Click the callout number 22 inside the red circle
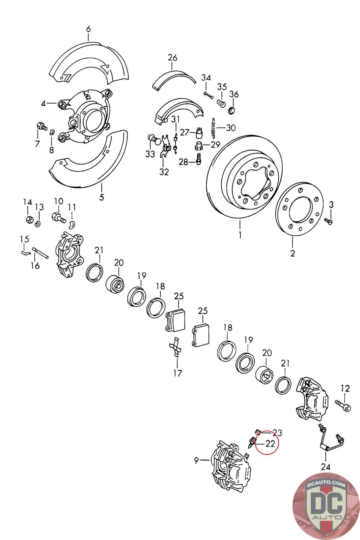click(x=270, y=443)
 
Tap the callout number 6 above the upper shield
click(x=88, y=29)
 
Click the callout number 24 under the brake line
click(x=326, y=467)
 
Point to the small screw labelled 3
click(x=329, y=221)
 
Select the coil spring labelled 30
click(x=213, y=128)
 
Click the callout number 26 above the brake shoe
click(x=172, y=58)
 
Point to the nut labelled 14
click(x=29, y=220)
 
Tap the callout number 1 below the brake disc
click(x=240, y=235)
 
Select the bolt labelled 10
click(x=58, y=217)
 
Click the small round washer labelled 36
click(x=232, y=110)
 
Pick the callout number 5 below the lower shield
click(x=102, y=197)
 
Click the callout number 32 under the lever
click(x=164, y=172)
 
